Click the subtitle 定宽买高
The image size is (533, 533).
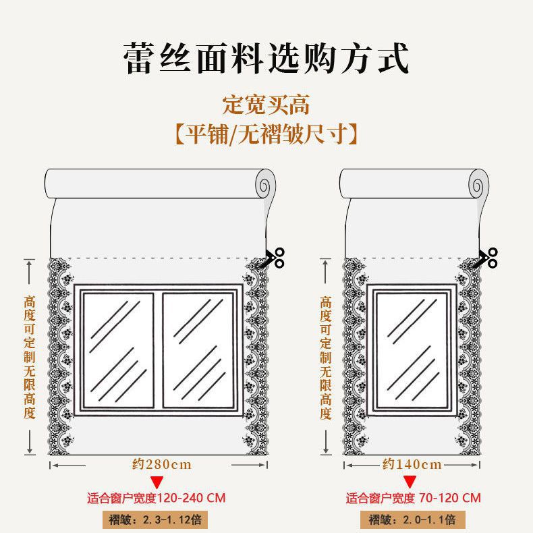click(266, 105)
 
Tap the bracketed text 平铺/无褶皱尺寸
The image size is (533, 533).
click(266, 134)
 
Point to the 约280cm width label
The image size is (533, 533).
click(162, 464)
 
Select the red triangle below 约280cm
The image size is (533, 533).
click(157, 482)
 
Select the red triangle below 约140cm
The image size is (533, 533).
click(410, 482)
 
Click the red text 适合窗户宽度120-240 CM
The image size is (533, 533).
click(157, 499)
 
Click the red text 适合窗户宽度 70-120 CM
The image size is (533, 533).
click(414, 499)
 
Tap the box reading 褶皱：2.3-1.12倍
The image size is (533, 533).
click(157, 520)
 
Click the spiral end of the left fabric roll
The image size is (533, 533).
click(266, 183)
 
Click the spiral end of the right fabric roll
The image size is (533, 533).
click(478, 183)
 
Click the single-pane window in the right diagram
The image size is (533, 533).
click(412, 349)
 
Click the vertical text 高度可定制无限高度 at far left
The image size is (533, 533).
click(30, 357)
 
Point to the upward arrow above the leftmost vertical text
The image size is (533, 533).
click(30, 273)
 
